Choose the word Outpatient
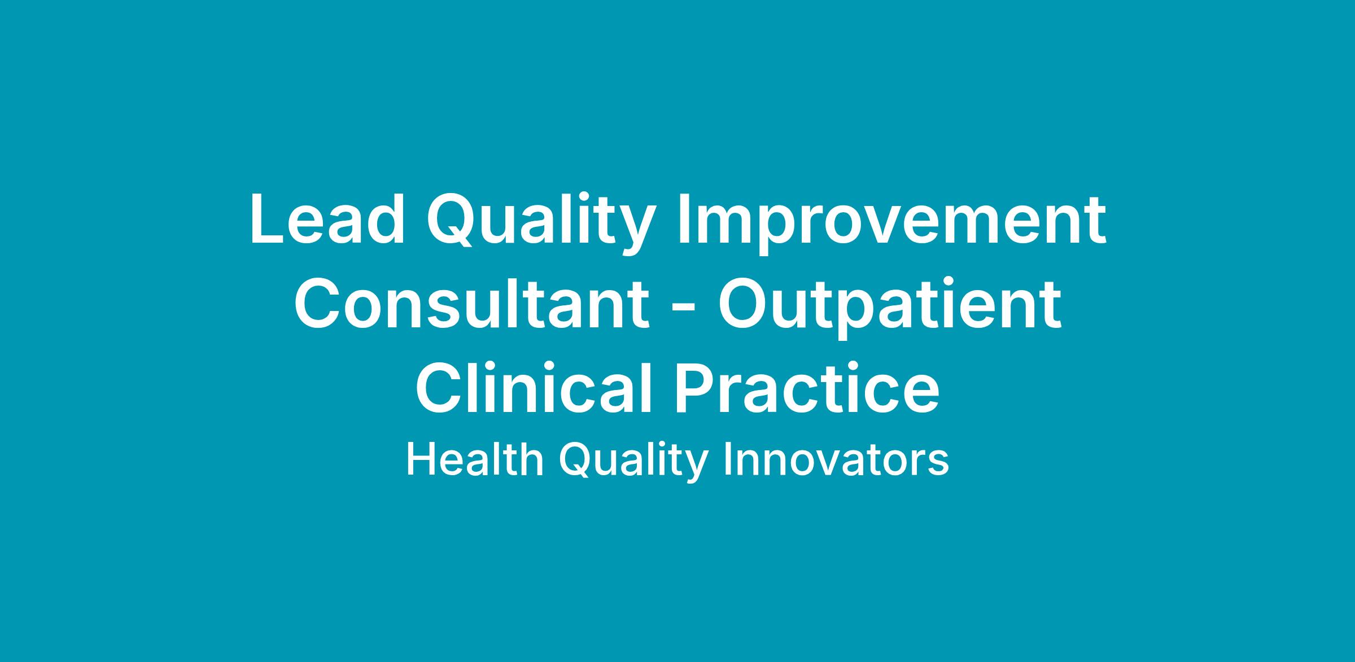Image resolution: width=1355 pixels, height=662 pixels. (890, 308)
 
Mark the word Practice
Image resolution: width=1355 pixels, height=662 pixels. (807, 389)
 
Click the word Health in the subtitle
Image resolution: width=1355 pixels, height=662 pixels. (475, 461)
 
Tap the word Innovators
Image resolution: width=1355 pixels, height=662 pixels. (836, 461)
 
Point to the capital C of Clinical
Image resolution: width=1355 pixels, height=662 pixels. (439, 389)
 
